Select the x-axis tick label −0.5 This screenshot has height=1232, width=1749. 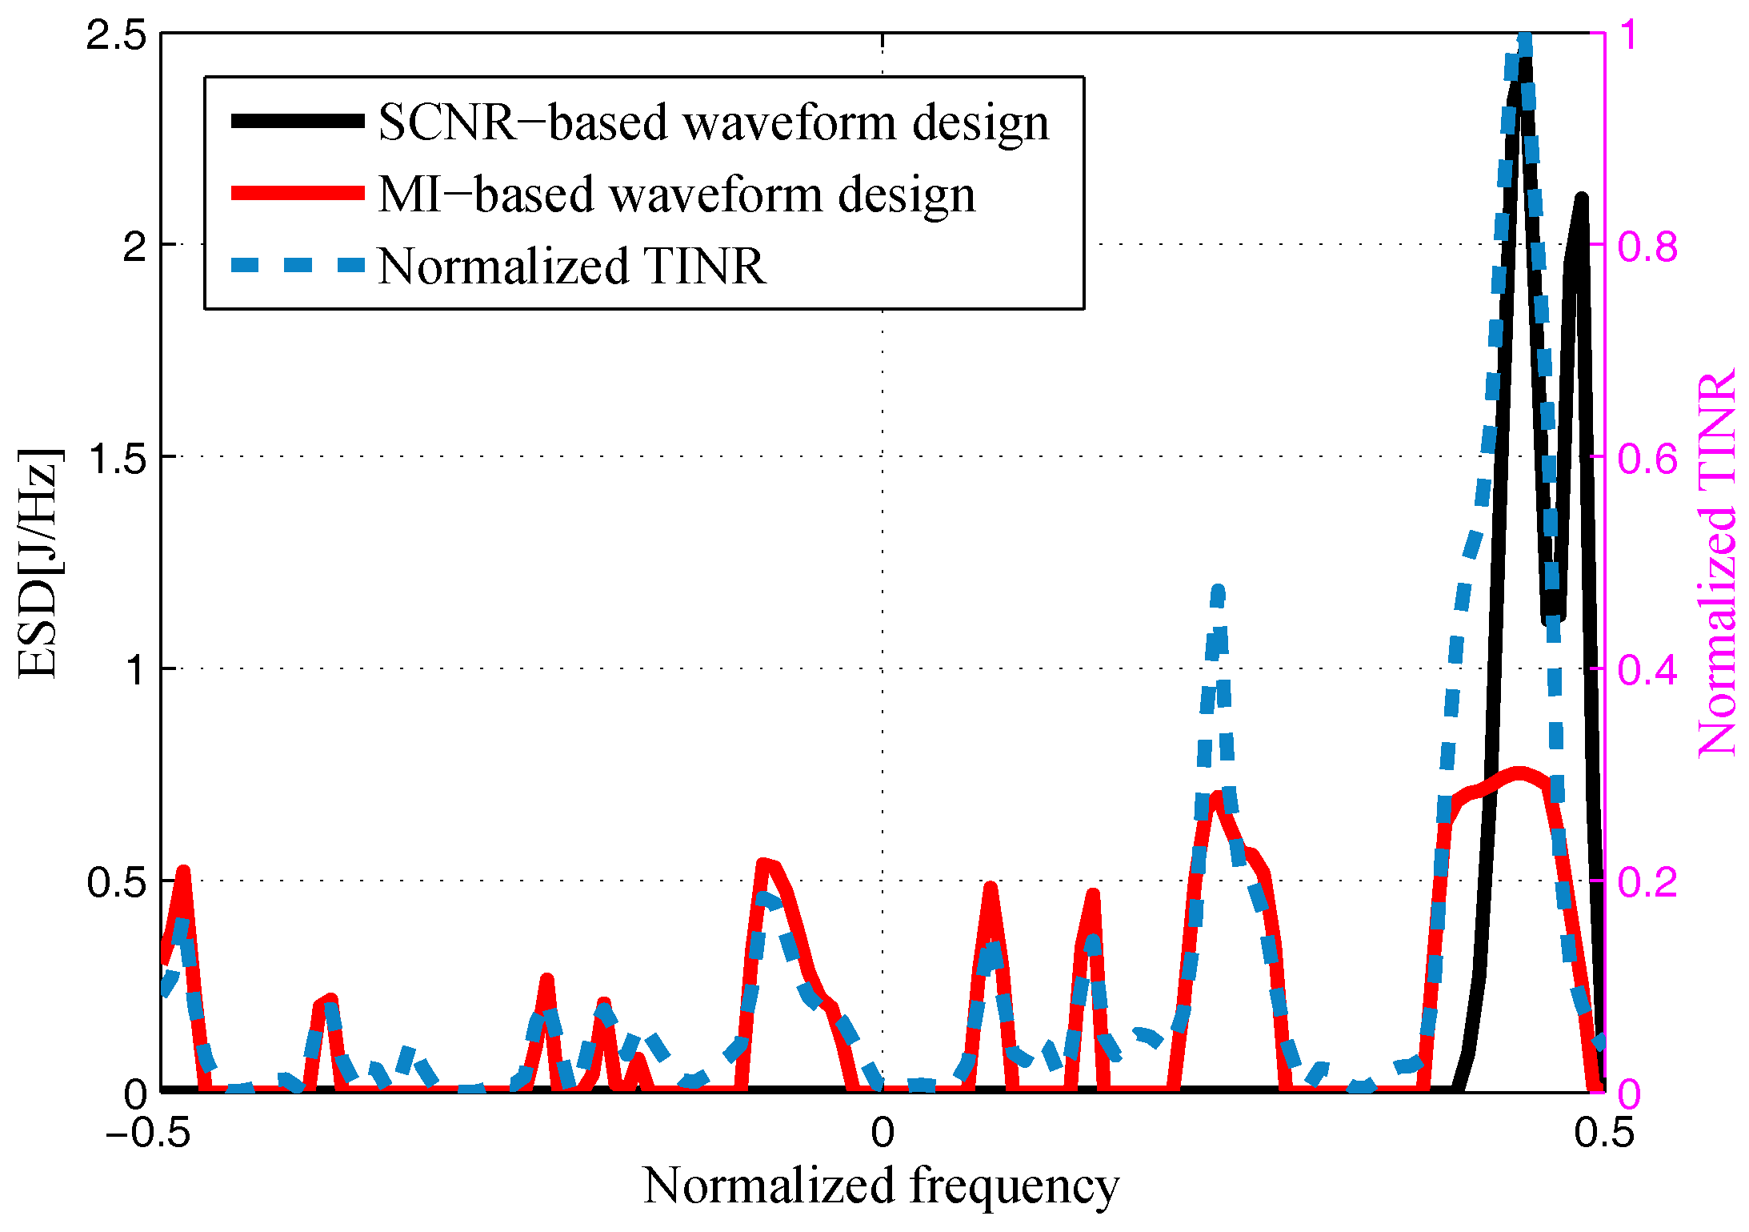148,1133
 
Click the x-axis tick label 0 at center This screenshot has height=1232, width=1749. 883,1133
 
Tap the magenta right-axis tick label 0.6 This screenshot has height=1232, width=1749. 1647,459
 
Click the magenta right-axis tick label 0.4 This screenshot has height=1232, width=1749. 1647,671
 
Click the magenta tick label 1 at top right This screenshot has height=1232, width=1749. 1628,35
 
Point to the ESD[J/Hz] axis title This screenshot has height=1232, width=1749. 38,564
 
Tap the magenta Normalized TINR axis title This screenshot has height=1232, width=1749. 1717,564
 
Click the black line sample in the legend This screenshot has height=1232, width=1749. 298,122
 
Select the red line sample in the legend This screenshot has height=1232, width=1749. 298,193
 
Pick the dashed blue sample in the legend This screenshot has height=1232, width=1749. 298,265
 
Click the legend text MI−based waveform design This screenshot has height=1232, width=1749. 677,195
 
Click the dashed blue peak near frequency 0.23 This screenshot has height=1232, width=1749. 1218,592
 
